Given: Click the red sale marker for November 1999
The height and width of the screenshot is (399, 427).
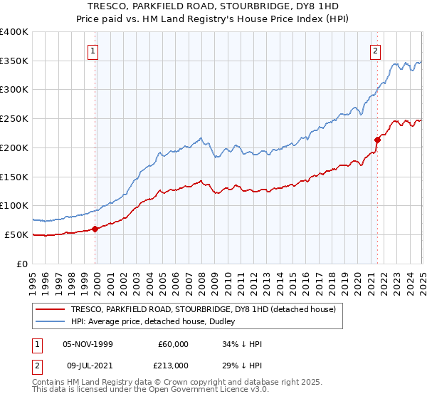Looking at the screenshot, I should (x=95, y=229).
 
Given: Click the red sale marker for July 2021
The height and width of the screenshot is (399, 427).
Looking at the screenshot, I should (x=377, y=140).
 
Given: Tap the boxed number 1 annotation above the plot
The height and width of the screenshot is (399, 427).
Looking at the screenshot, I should (x=94, y=51).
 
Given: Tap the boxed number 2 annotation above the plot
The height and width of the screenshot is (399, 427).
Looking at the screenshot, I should (x=375, y=51).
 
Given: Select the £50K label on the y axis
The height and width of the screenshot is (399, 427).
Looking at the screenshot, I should (x=16, y=234).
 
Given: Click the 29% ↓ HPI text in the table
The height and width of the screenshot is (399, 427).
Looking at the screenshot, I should (x=243, y=364).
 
